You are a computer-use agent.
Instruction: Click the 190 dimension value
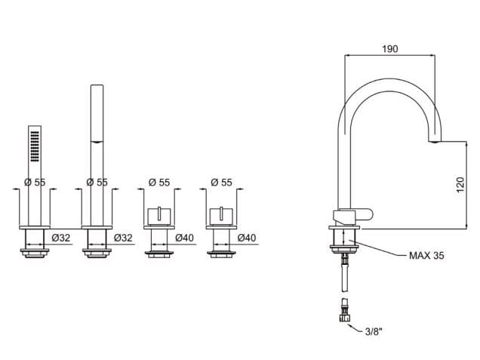[389, 48]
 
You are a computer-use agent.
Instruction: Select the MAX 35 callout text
[427, 256]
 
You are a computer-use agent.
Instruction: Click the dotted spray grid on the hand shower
[33, 143]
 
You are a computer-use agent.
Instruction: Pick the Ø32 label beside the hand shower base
[63, 238]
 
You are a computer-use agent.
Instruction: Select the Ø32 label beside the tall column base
[125, 238]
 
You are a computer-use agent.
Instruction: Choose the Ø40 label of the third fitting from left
[185, 238]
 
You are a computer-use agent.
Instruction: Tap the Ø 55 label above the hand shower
[35, 182]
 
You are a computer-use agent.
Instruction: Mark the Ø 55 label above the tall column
[97, 182]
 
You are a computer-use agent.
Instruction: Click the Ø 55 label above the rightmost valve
[221, 182]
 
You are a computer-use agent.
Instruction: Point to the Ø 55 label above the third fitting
[159, 182]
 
